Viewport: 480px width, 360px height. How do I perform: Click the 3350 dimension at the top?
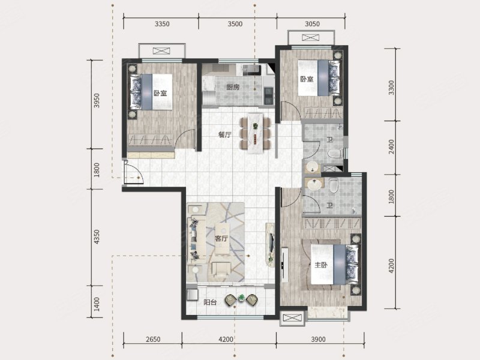(162, 24)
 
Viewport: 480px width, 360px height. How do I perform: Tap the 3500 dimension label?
(235, 24)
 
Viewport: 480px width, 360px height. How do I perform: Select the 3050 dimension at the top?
(312, 24)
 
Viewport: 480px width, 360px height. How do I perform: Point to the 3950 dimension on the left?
(97, 100)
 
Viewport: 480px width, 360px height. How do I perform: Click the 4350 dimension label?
(97, 236)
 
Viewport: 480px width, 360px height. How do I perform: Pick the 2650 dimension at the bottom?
(153, 339)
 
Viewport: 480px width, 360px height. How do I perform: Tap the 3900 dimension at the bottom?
(319, 339)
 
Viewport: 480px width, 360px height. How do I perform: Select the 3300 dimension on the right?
(391, 88)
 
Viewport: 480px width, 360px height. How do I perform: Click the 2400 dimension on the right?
(391, 147)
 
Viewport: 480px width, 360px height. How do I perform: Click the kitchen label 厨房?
(233, 88)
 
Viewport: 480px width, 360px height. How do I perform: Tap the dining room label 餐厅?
(224, 134)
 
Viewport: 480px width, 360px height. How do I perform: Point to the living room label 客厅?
(221, 238)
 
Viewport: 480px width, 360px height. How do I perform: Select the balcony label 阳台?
(211, 302)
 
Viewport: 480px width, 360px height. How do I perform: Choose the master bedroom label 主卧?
(321, 265)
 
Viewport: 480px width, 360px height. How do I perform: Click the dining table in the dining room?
(256, 133)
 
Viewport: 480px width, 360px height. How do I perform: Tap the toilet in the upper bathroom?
(334, 154)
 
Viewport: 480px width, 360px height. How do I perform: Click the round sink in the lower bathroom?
(313, 184)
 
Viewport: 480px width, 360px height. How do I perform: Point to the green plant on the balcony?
(242, 297)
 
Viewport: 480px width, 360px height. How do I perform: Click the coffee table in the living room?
(222, 238)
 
